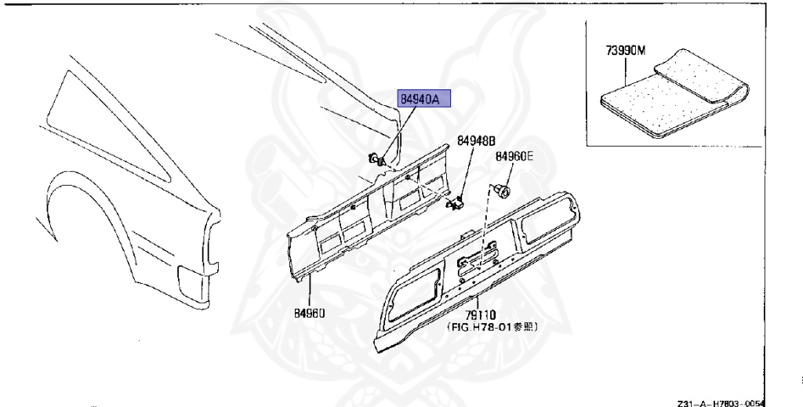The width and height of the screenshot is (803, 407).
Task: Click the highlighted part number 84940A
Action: point(425,100)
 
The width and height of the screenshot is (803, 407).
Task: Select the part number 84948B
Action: point(477,141)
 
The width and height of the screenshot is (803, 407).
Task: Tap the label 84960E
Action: point(514,157)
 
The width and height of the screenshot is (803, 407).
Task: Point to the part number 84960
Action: point(310,313)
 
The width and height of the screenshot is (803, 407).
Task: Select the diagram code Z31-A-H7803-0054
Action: point(721,401)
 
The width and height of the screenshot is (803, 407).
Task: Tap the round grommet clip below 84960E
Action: point(502,191)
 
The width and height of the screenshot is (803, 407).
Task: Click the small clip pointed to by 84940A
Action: point(376,159)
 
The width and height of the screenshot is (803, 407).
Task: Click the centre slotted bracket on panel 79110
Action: point(478,254)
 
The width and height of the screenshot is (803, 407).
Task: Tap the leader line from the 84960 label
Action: point(311,290)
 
